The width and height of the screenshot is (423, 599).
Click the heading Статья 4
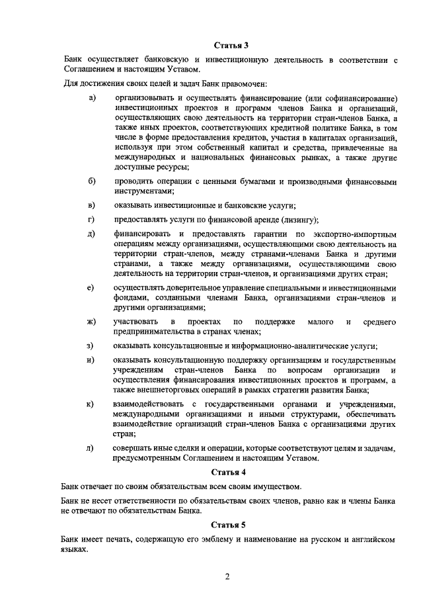pos(229,473)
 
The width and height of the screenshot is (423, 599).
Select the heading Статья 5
pos(229,526)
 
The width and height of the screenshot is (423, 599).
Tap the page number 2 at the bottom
pos(227,576)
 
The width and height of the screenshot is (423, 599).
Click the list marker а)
pos(92,99)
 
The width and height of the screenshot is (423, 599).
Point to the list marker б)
pos(92,181)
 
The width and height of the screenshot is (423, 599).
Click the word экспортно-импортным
pos(358,234)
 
